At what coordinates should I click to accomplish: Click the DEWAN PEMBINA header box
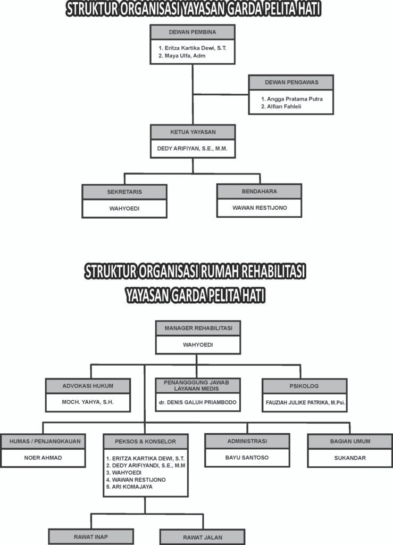[193, 32]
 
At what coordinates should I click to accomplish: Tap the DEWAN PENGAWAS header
[291, 82]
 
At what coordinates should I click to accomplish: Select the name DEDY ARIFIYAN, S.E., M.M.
[193, 149]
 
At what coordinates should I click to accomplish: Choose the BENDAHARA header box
[259, 191]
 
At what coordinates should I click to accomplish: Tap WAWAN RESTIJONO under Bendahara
[259, 208]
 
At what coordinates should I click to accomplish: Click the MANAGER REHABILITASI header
[198, 328]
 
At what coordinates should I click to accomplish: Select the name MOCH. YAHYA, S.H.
[88, 402]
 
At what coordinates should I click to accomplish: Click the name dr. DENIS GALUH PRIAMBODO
[198, 402]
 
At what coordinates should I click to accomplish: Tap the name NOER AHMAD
[43, 458]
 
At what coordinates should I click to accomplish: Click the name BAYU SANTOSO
[247, 457]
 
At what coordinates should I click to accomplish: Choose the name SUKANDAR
[349, 458]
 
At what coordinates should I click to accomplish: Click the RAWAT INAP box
[91, 536]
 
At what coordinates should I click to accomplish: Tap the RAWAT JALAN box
[202, 536]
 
